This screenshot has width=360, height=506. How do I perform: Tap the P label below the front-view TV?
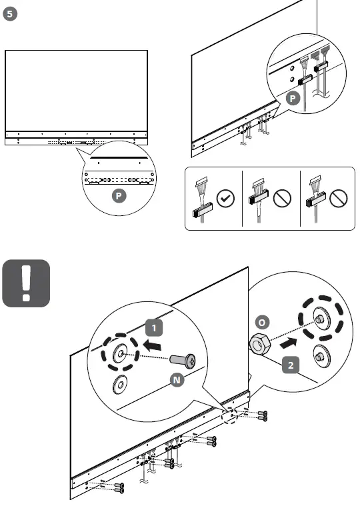pyautogui.click(x=118, y=196)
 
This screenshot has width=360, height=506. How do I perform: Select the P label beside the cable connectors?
pyautogui.click(x=291, y=99)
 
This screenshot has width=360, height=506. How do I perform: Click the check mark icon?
pyautogui.click(x=227, y=198)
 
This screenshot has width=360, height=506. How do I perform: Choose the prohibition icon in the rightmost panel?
pyautogui.click(x=340, y=198)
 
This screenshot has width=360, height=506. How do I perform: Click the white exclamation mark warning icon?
pyautogui.click(x=26, y=283)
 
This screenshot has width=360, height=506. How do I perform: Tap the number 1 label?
pyautogui.click(x=155, y=327)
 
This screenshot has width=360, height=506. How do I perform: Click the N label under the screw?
pyautogui.click(x=177, y=380)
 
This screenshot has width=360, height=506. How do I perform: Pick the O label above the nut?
pyautogui.click(x=262, y=322)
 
